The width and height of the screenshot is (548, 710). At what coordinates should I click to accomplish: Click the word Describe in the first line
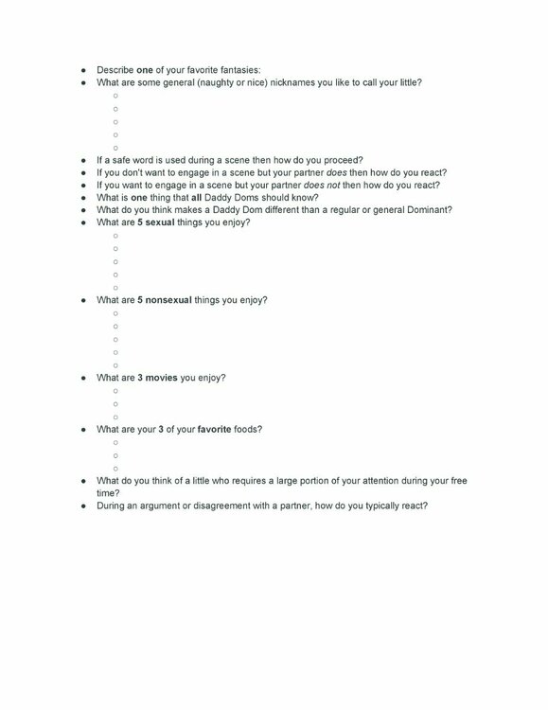coord(115,69)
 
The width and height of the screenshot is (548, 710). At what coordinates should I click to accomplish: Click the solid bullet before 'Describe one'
coord(84,69)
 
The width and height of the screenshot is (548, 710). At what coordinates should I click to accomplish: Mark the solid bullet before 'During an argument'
coord(84,506)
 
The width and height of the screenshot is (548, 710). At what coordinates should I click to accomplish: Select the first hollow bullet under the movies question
coord(115,390)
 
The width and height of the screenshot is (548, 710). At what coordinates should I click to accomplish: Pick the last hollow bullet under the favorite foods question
coord(115,468)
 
